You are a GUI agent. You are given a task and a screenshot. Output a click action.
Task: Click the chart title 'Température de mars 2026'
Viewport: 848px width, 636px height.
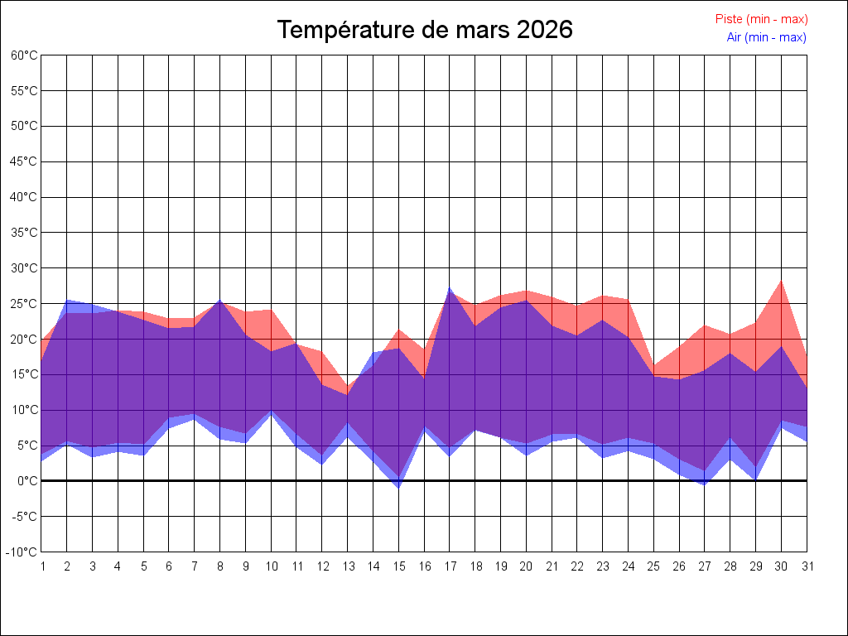425,30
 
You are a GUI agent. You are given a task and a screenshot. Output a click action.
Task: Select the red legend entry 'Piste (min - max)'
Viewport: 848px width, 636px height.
761,19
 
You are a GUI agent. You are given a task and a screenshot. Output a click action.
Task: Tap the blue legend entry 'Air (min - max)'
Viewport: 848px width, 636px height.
766,37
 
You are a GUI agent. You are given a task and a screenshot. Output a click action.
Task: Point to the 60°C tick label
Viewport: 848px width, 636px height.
24,55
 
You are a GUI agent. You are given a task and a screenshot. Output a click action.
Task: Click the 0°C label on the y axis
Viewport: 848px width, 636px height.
27,481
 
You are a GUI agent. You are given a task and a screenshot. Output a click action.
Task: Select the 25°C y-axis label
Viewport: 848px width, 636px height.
24,304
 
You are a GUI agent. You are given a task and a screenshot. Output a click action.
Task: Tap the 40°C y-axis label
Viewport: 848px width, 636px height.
24,197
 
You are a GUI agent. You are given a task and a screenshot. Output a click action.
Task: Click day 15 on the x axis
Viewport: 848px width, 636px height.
398,566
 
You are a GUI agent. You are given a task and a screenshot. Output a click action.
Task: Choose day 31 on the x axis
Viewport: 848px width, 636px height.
807,566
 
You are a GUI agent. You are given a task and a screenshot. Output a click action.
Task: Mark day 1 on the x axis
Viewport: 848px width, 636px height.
42,566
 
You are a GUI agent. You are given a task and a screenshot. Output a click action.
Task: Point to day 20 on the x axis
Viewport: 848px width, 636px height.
526,566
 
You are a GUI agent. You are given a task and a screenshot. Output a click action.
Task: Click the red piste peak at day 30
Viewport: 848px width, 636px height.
781,282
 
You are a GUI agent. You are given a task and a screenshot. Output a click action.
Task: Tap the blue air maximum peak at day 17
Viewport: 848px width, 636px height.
450,288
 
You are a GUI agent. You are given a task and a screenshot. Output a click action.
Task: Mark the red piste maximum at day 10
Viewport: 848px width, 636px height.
271,311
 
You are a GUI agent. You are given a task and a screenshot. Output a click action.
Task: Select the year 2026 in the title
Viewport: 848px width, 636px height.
544,30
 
